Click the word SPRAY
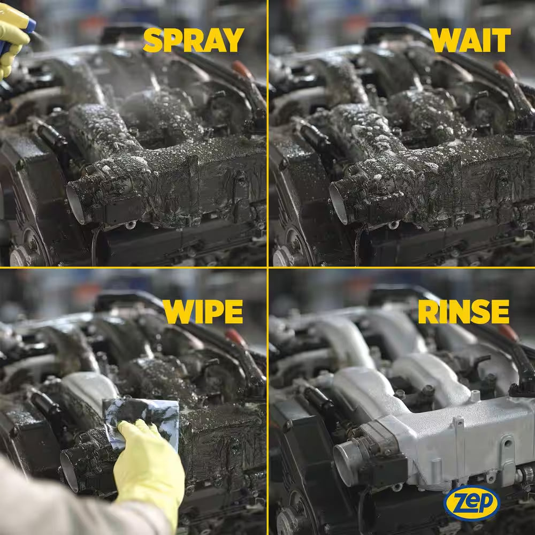tap(194, 40)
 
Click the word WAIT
tap(470, 40)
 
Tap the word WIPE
tap(203, 311)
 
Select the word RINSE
tap(463, 311)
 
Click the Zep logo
tap(471, 503)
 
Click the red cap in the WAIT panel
tap(505, 69)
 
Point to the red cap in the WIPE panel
tap(235, 337)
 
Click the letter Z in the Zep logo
tap(458, 502)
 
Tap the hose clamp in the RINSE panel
tap(526, 473)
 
